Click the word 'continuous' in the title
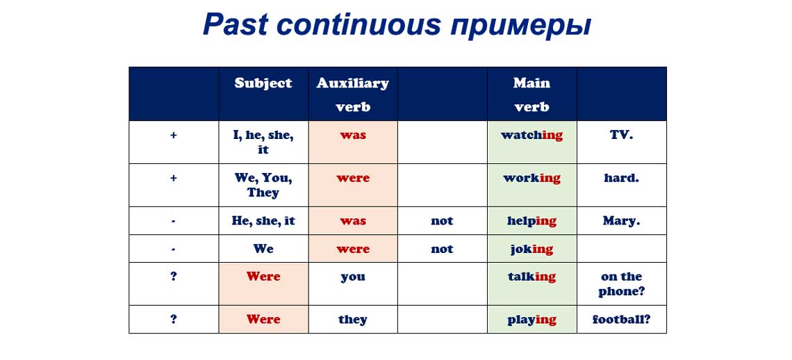358,24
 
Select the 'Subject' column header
263,83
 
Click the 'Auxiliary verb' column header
353,95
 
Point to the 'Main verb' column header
531,95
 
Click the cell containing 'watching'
531,135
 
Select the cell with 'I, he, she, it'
263,142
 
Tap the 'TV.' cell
621,135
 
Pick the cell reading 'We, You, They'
263,185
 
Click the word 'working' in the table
531,178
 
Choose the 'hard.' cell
621,178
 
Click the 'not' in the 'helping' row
442,221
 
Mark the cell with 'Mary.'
621,221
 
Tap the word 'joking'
531,249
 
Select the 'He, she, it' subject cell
263,221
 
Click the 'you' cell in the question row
353,277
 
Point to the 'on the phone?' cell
621,284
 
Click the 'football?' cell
621,320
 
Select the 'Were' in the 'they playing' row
263,320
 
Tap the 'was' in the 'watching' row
353,135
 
